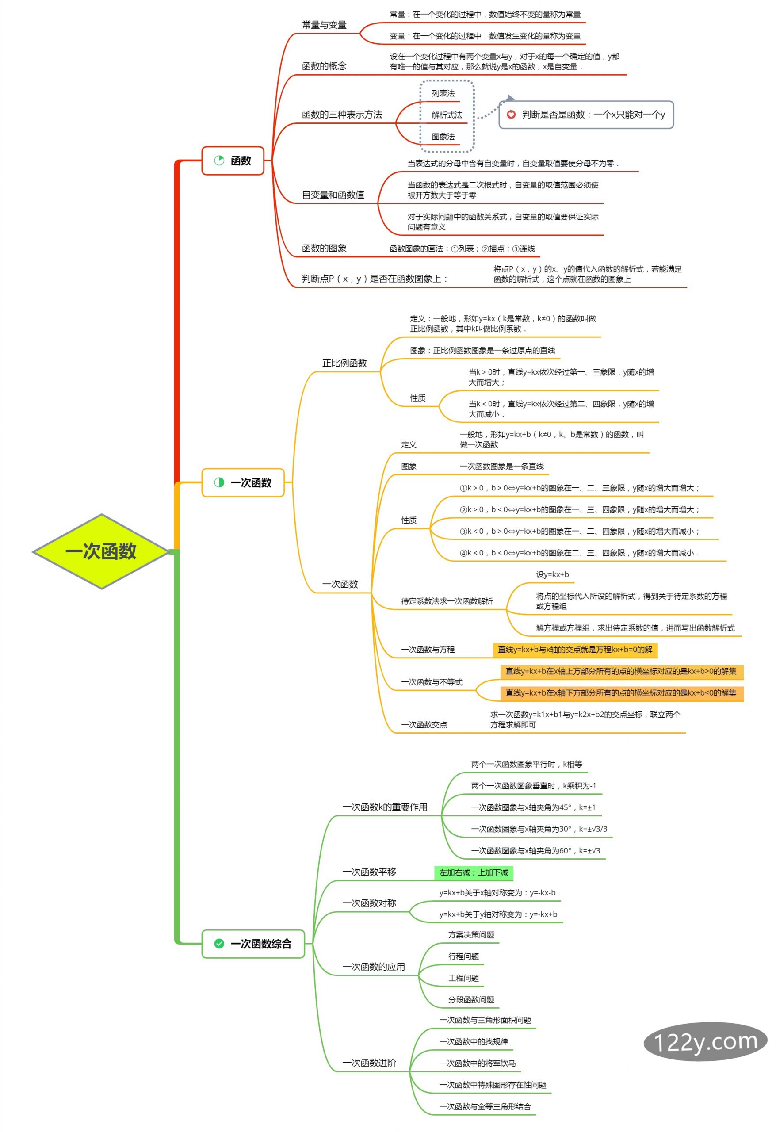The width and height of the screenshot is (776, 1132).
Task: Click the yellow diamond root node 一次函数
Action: [101, 551]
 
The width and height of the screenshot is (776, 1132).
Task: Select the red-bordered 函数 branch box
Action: [233, 160]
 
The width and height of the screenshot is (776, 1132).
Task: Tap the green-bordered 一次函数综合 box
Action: [253, 944]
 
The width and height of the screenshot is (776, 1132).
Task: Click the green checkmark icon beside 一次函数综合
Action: [219, 944]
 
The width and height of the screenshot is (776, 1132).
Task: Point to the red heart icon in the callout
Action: [511, 115]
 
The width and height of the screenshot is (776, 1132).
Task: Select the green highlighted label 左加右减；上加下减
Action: [474, 872]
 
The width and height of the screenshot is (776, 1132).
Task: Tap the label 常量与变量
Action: [324, 25]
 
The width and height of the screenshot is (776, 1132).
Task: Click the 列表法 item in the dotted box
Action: [443, 93]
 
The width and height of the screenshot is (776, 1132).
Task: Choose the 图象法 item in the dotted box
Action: [443, 136]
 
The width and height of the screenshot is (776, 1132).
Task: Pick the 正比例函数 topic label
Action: [344, 363]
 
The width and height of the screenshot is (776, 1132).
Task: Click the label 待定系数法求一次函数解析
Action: [447, 601]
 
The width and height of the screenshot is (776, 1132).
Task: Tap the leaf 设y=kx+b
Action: [552, 574]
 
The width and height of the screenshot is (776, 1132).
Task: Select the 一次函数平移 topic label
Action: [369, 872]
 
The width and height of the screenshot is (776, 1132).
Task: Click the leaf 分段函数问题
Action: [471, 999]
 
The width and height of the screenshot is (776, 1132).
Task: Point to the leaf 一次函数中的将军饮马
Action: [478, 1063]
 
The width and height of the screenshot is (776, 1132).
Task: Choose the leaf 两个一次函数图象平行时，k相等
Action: [526, 764]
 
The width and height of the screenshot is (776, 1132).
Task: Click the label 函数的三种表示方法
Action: [342, 115]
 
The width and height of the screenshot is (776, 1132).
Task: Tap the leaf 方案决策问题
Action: [471, 935]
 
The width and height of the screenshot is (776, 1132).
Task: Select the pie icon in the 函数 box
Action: [219, 160]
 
